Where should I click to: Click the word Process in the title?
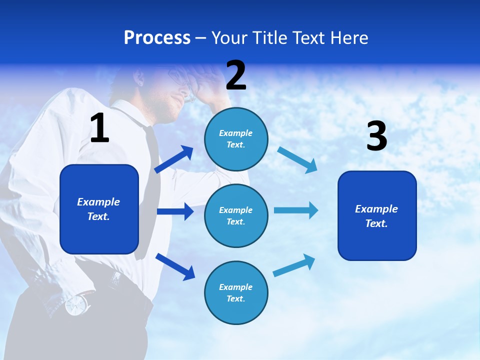click(157, 38)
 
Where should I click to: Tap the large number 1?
click(99, 128)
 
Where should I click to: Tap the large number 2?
click(236, 75)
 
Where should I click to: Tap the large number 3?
click(376, 136)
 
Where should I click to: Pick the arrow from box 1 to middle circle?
click(175, 211)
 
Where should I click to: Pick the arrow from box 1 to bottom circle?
click(175, 266)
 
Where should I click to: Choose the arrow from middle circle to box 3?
click(296, 210)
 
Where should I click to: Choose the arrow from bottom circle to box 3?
click(294, 265)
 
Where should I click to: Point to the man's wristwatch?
click(76, 304)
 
